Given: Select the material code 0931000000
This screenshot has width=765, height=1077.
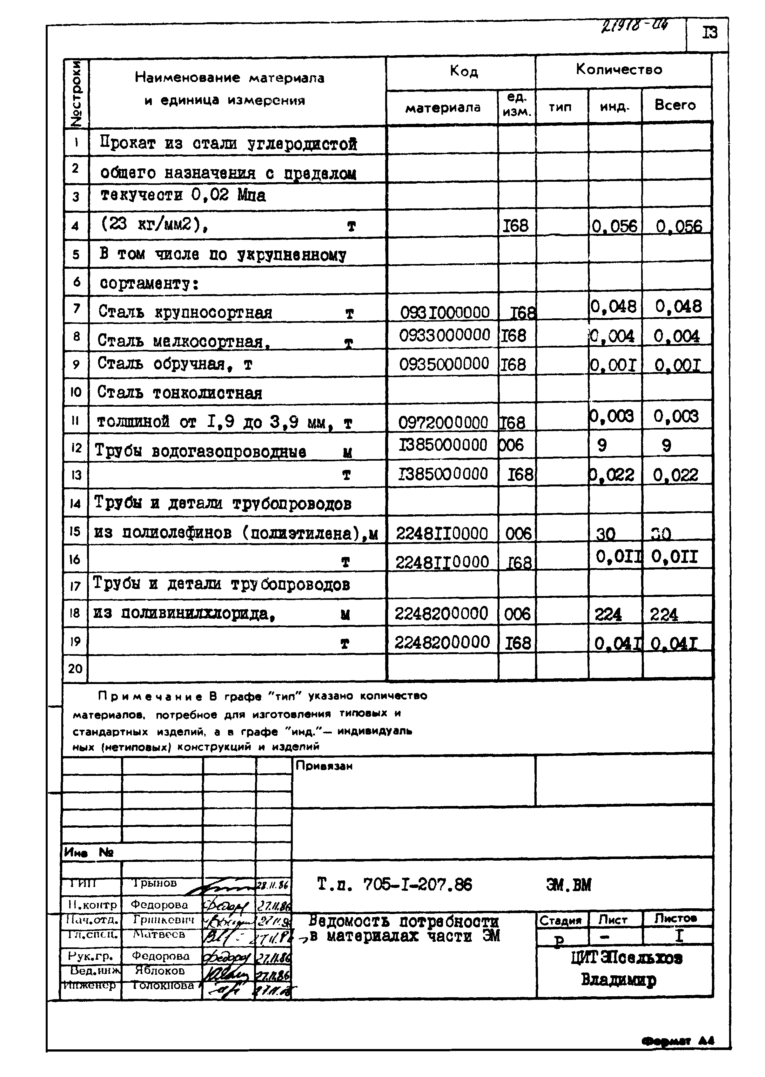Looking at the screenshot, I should pyautogui.click(x=445, y=312).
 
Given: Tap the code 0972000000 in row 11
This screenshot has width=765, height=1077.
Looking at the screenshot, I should pyautogui.click(x=443, y=423).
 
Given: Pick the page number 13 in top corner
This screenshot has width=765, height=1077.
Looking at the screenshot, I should pyautogui.click(x=709, y=33).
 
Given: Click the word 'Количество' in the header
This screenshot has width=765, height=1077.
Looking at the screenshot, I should pyautogui.click(x=619, y=70).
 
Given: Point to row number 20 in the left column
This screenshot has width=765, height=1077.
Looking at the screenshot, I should pyautogui.click(x=75, y=668).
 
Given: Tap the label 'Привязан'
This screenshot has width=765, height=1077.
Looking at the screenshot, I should pyautogui.click(x=324, y=766).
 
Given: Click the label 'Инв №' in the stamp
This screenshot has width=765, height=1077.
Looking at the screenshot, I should pyautogui.click(x=89, y=852).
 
